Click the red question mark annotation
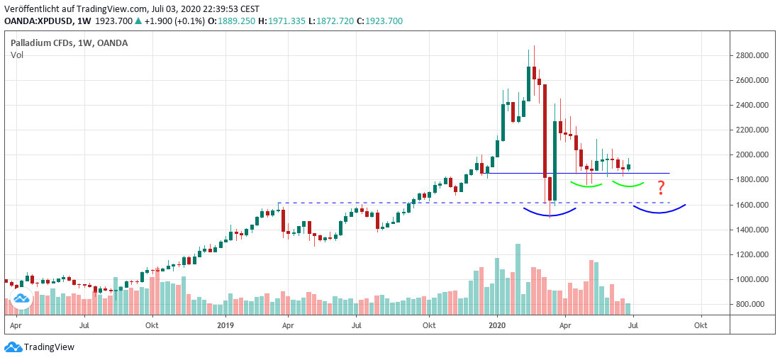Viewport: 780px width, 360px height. [x=661, y=188]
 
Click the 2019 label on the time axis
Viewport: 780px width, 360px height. [x=225, y=325]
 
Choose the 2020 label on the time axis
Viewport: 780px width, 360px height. [x=497, y=325]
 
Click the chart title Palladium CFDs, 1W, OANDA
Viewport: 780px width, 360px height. [x=69, y=43]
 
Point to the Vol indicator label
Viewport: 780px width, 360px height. [x=17, y=55]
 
